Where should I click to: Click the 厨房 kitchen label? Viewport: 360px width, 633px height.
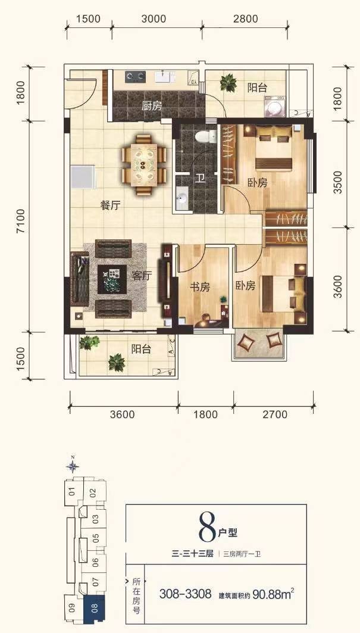pos(151,106)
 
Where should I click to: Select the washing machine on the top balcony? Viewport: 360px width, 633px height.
pos(276,108)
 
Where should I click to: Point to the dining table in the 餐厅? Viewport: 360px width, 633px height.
pos(144,165)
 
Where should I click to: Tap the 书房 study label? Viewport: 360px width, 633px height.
pos(200,288)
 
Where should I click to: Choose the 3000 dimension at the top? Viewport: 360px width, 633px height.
pos(155,18)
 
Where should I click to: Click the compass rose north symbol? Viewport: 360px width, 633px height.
pos(73,466)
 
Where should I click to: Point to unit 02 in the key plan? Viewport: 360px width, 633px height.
pos(93,492)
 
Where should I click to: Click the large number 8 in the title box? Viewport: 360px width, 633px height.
pos(208,528)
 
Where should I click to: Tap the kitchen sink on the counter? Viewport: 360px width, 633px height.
pos(165,76)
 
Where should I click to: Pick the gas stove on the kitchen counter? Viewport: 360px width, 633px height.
pos(135,77)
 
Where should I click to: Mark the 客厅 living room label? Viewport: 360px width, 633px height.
pos(142,276)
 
